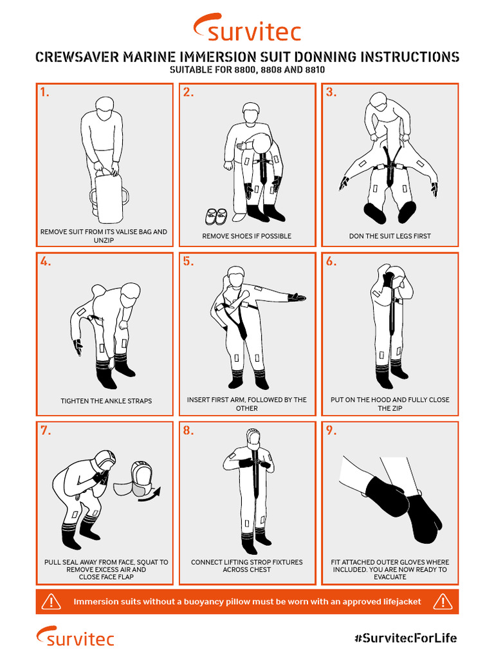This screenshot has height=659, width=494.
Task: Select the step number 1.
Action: (44, 92)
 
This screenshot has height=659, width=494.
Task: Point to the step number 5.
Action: (188, 261)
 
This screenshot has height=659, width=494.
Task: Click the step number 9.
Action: (331, 431)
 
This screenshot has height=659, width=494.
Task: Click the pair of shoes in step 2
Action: (215, 215)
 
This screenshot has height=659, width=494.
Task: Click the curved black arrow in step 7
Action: (152, 494)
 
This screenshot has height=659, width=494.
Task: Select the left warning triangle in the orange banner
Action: (51, 602)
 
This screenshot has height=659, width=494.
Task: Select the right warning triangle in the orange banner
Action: (443, 602)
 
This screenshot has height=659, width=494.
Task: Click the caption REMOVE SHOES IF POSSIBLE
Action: (247, 236)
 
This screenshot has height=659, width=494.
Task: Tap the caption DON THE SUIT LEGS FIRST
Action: (390, 236)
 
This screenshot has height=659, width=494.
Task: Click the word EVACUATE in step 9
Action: (390, 577)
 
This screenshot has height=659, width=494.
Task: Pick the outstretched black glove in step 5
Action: (297, 297)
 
